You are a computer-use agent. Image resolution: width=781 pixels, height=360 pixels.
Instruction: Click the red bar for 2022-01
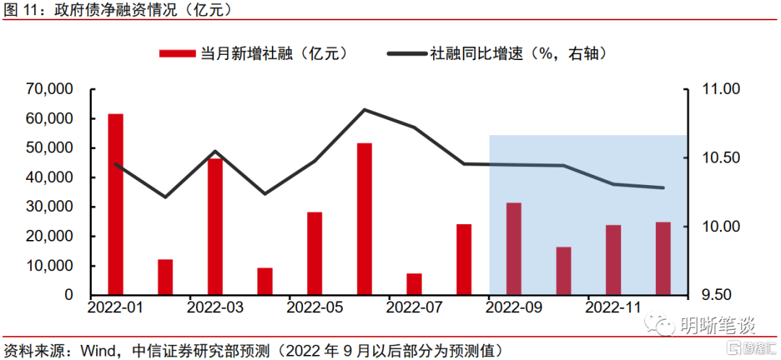(116, 204)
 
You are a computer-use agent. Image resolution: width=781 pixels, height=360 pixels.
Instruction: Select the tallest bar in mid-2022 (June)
(364, 219)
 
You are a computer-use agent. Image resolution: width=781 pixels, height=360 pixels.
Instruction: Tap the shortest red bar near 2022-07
(414, 284)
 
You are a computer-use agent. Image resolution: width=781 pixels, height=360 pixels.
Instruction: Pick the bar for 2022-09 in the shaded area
(514, 249)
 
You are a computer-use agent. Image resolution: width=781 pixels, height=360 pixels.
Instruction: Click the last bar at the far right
(663, 258)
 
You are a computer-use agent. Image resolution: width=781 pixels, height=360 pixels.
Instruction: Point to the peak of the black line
(364, 110)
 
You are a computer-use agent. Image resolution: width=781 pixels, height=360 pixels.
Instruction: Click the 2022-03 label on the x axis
(215, 308)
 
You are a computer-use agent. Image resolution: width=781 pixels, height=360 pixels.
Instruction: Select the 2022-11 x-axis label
(614, 308)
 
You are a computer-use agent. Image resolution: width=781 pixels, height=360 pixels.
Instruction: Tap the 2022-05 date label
(315, 308)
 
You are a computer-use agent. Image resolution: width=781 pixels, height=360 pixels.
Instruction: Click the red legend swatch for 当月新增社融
(177, 53)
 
